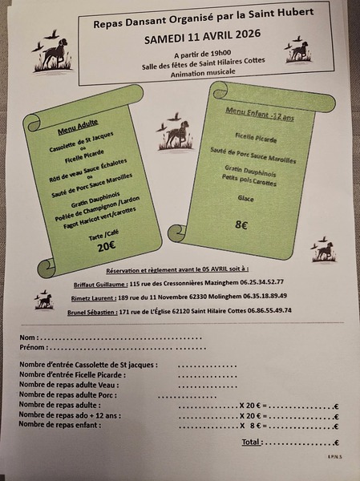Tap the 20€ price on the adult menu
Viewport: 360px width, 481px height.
[107, 247]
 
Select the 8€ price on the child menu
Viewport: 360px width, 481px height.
[241, 226]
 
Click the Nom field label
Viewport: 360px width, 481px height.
[26, 337]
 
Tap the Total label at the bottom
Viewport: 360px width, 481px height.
[251, 442]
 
